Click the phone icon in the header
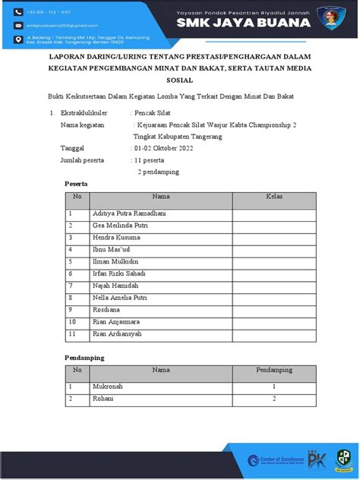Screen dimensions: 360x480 click(18, 11)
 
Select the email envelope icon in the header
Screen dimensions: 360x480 click(18, 24)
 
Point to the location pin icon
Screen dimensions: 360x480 click(18, 39)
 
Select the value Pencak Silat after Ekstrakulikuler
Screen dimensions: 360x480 click(153, 112)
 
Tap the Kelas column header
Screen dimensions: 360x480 click(274, 197)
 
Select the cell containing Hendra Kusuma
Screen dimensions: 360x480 click(116, 237)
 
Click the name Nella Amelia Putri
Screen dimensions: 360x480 click(119, 298)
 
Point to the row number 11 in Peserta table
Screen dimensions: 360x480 click(73, 333)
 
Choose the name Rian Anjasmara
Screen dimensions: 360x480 click(116, 321)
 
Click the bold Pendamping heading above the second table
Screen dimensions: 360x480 click(84, 357)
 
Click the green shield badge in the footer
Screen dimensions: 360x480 click(343, 458)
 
